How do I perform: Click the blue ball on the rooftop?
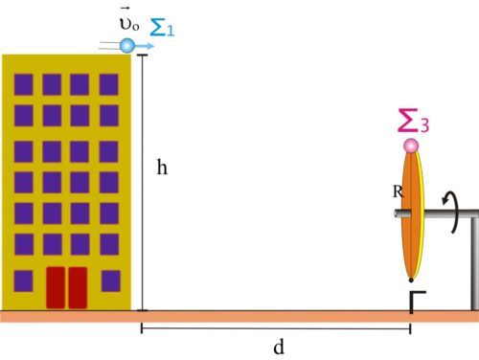click(x=127, y=46)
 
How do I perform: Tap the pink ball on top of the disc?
click(x=411, y=146)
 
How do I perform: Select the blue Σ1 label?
click(x=162, y=27)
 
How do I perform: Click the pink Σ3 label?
click(x=414, y=121)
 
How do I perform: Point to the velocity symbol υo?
click(x=129, y=21)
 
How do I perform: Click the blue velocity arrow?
click(x=145, y=46)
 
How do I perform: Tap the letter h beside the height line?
click(x=162, y=168)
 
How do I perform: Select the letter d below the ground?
click(x=279, y=347)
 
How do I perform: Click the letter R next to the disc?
click(x=398, y=191)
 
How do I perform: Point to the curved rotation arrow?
click(x=453, y=212)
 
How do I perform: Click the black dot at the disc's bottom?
click(x=411, y=281)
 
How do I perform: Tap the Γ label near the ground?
click(x=418, y=302)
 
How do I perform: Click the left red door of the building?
click(x=56, y=288)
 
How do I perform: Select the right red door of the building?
click(x=78, y=288)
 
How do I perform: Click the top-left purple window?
click(x=24, y=84)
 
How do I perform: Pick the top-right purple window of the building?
click(x=109, y=84)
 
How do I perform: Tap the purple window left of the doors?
click(x=23, y=281)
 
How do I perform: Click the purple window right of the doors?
click(x=111, y=281)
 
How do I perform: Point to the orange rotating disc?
click(x=413, y=214)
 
